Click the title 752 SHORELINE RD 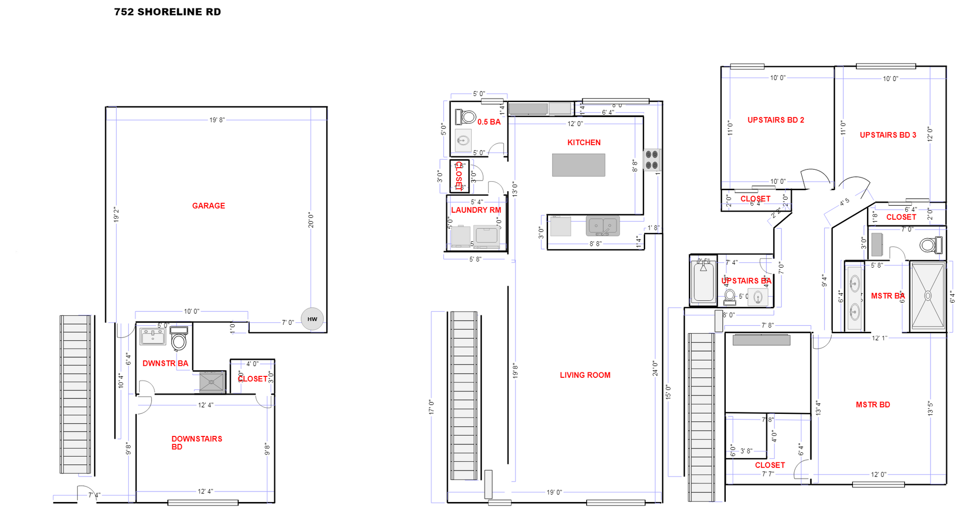tap(167, 12)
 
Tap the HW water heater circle tap(312, 319)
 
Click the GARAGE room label tap(208, 206)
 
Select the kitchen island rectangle tap(579, 165)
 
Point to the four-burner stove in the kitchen tap(652, 160)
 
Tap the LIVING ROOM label tap(585, 375)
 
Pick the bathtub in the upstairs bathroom tap(703, 282)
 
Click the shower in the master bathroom tap(927, 296)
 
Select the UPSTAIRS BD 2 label tap(776, 120)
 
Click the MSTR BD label tap(873, 405)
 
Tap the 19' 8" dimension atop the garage tap(217, 120)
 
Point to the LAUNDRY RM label tap(476, 210)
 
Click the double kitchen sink tap(603, 226)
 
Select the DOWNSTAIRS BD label tap(197, 442)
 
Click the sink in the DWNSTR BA tap(153, 336)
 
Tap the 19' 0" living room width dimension tap(554, 492)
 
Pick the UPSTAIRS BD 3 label tap(888, 135)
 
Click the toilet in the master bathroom tap(930, 245)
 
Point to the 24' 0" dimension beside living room tap(655, 368)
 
